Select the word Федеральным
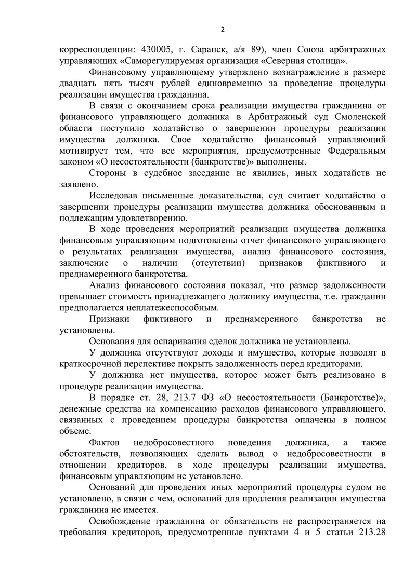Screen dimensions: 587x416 (348, 151)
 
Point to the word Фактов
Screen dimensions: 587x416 (105, 442)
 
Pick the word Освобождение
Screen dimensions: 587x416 (123, 521)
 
